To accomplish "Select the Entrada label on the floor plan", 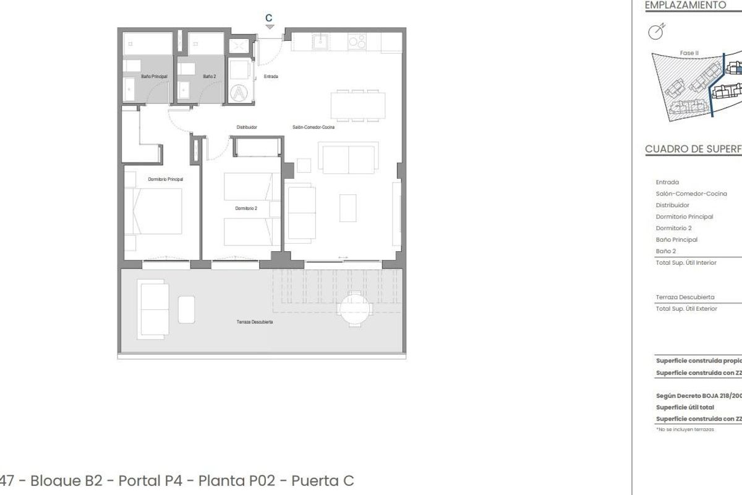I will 271,77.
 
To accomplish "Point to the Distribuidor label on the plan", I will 247,127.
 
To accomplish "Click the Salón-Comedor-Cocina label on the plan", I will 313,127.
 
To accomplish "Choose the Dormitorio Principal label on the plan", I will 165,179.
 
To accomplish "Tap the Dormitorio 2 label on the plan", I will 245,209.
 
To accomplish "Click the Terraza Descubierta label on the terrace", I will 255,322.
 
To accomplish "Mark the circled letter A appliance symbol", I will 239,93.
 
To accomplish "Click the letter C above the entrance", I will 268,19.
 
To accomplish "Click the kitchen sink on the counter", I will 321,41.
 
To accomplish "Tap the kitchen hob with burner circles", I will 357,41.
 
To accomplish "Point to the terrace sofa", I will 153,309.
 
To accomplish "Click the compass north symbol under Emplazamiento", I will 657,31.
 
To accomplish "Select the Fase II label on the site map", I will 689,53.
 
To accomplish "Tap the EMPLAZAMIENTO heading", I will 676,5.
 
